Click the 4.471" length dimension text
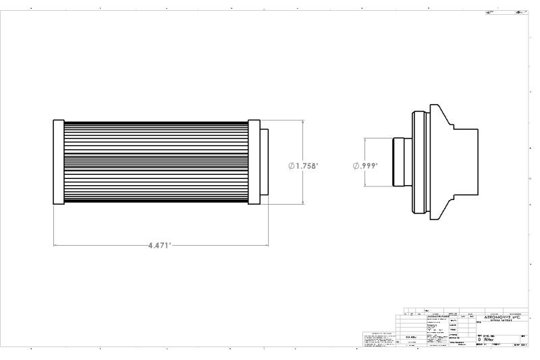pos(160,245)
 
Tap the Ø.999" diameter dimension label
pos(365,165)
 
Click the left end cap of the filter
pos(58,163)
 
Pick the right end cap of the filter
pos(254,163)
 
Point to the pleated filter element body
pos(156,163)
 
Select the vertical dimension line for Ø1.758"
pos(302,142)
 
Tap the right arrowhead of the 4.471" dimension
pos(266,245)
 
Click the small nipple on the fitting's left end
pos(399,163)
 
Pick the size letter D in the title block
pos(479,339)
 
